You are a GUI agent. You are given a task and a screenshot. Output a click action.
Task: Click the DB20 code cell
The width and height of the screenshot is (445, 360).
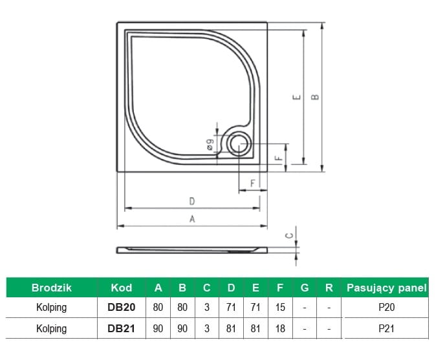point(121,307)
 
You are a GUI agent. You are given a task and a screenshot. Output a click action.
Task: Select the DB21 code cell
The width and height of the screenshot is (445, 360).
point(121,328)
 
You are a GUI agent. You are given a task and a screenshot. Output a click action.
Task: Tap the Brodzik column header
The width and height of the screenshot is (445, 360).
point(52,288)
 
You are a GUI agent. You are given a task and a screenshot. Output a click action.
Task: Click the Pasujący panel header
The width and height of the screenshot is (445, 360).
point(387,288)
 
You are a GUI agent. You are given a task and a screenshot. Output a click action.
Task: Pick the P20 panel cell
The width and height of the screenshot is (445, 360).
point(387,307)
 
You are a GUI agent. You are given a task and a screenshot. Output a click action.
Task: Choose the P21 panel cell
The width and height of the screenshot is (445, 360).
point(387,328)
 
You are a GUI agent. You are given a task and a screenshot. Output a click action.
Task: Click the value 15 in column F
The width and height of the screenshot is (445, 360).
point(280,307)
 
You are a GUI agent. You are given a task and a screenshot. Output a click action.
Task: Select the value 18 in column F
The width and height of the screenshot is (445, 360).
point(280,328)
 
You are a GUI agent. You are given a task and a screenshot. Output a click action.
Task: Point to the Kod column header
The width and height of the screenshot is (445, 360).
point(122,288)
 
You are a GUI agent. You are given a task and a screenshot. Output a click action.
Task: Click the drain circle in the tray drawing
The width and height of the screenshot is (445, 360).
point(239,144)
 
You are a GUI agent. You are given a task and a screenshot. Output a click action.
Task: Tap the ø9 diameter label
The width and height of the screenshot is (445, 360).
point(210,144)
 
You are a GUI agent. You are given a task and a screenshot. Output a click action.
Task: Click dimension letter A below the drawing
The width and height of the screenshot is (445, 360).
point(192,219)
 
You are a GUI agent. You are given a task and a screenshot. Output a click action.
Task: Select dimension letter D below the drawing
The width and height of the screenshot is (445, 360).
point(192,202)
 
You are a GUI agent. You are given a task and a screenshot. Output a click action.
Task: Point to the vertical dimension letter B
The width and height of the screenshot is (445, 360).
point(315,97)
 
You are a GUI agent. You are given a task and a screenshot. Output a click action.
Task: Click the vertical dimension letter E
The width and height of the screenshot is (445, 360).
point(297,98)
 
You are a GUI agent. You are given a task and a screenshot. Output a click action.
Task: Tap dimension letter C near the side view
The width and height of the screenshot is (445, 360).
point(290,235)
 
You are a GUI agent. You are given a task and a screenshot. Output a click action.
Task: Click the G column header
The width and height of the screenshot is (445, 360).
point(305,288)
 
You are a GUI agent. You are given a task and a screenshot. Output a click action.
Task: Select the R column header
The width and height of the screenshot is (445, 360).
point(329,288)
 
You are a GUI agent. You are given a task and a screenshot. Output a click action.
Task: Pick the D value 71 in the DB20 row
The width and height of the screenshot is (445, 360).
point(231,307)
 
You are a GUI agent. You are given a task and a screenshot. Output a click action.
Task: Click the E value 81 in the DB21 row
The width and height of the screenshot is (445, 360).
point(255,328)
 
